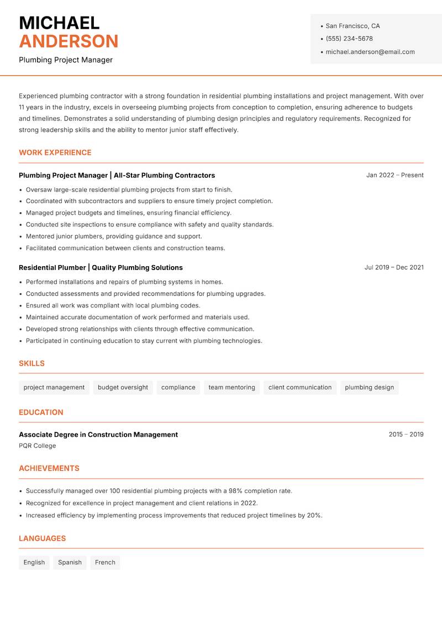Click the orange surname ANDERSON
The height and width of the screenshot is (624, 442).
pos(69,41)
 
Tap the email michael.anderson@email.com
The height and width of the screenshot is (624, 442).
pos(370,52)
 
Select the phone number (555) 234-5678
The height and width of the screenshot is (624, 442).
pos(349,39)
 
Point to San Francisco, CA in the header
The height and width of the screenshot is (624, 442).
pos(352,26)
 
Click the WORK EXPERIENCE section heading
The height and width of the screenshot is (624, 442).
pos(55,152)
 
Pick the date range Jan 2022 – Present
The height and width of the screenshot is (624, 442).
pos(394,175)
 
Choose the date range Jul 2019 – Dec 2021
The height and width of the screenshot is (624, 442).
pos(394,267)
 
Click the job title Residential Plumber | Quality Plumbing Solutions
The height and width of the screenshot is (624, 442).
pos(101,267)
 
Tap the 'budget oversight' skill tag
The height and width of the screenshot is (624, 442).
pos(123,387)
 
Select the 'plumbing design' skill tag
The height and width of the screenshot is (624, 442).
pos(369,387)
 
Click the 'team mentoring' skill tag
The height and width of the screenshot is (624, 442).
pos(231,387)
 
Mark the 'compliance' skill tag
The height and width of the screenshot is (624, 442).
pos(178,387)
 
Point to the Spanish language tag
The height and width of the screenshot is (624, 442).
pos(70,562)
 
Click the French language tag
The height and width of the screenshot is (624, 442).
pos(105,562)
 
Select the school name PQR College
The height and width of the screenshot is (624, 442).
pos(37,446)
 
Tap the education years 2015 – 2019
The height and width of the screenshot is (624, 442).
pos(406,435)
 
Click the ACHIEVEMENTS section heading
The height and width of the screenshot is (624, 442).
pos(49,468)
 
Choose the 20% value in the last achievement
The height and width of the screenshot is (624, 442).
pos(314,515)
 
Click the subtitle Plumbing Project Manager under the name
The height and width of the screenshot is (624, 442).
pos(65,60)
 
